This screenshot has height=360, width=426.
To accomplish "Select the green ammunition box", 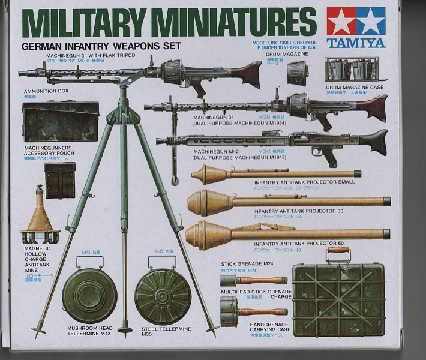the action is point(61,122).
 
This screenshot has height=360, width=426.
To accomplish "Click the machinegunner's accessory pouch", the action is point(60,181).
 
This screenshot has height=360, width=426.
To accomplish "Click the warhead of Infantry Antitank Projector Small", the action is point(206,175).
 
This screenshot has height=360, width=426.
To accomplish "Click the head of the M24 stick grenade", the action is point(230,280).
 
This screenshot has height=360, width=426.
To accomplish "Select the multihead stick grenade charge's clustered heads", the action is point(229,313).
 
